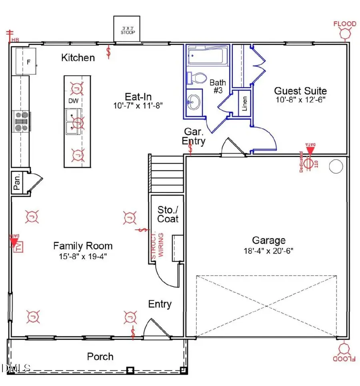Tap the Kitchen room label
78,58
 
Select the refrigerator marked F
26,61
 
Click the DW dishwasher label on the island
73,101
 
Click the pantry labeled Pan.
17,183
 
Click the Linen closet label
244,103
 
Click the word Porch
100,356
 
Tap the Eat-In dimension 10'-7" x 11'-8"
138,106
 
